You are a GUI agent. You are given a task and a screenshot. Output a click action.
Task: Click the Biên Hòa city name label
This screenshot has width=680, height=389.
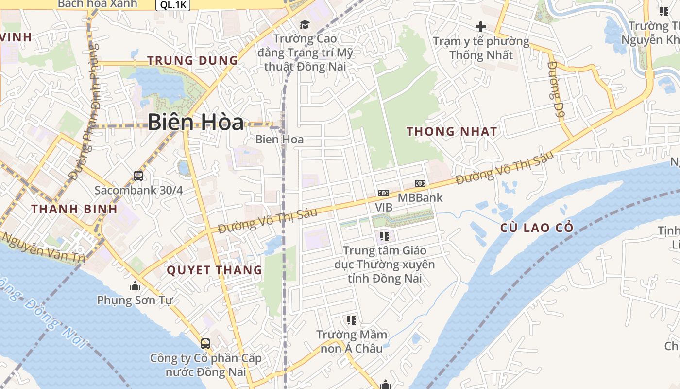pos(195,122)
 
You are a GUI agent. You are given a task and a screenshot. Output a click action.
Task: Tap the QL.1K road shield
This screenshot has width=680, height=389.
pos(173,4)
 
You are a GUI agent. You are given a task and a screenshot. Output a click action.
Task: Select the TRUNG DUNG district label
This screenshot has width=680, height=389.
pos(192,61)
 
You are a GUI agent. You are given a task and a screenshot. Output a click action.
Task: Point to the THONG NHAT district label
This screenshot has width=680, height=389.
pos(452,131)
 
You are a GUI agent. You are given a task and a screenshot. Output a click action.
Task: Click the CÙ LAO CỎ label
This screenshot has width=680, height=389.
pos(537,228)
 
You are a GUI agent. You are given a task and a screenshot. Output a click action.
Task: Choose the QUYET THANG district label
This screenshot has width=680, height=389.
pos(214,270)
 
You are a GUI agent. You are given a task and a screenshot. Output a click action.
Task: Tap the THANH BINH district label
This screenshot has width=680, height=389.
pos(74,209)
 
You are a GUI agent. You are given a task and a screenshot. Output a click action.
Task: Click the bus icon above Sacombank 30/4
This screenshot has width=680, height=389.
pos(138,176)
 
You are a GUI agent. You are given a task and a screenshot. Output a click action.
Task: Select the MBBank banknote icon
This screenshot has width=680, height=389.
pos(420,183)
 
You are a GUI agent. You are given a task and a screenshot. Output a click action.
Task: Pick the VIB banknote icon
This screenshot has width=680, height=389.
pos(384,193)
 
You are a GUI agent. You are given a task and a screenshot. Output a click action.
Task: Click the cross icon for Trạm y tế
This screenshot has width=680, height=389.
pos(481,26)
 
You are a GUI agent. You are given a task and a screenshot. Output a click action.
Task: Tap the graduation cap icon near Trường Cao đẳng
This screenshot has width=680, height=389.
pos(305,24)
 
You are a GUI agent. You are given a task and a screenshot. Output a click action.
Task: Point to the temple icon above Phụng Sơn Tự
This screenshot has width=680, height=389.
pos(135,286)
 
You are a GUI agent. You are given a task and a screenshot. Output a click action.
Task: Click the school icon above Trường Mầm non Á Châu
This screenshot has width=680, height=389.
pos(352,320)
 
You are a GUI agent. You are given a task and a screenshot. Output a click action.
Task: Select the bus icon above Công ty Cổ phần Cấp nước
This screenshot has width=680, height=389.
pos(205,343)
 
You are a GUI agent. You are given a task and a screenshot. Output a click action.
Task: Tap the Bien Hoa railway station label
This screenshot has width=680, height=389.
pos(279,140)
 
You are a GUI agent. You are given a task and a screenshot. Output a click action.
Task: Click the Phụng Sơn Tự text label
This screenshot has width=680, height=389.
pos(135,300)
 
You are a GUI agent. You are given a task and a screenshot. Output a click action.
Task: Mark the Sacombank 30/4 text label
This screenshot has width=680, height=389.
pos(138,190)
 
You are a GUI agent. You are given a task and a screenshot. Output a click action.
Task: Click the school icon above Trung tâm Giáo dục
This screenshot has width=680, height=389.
pos(385,236)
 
